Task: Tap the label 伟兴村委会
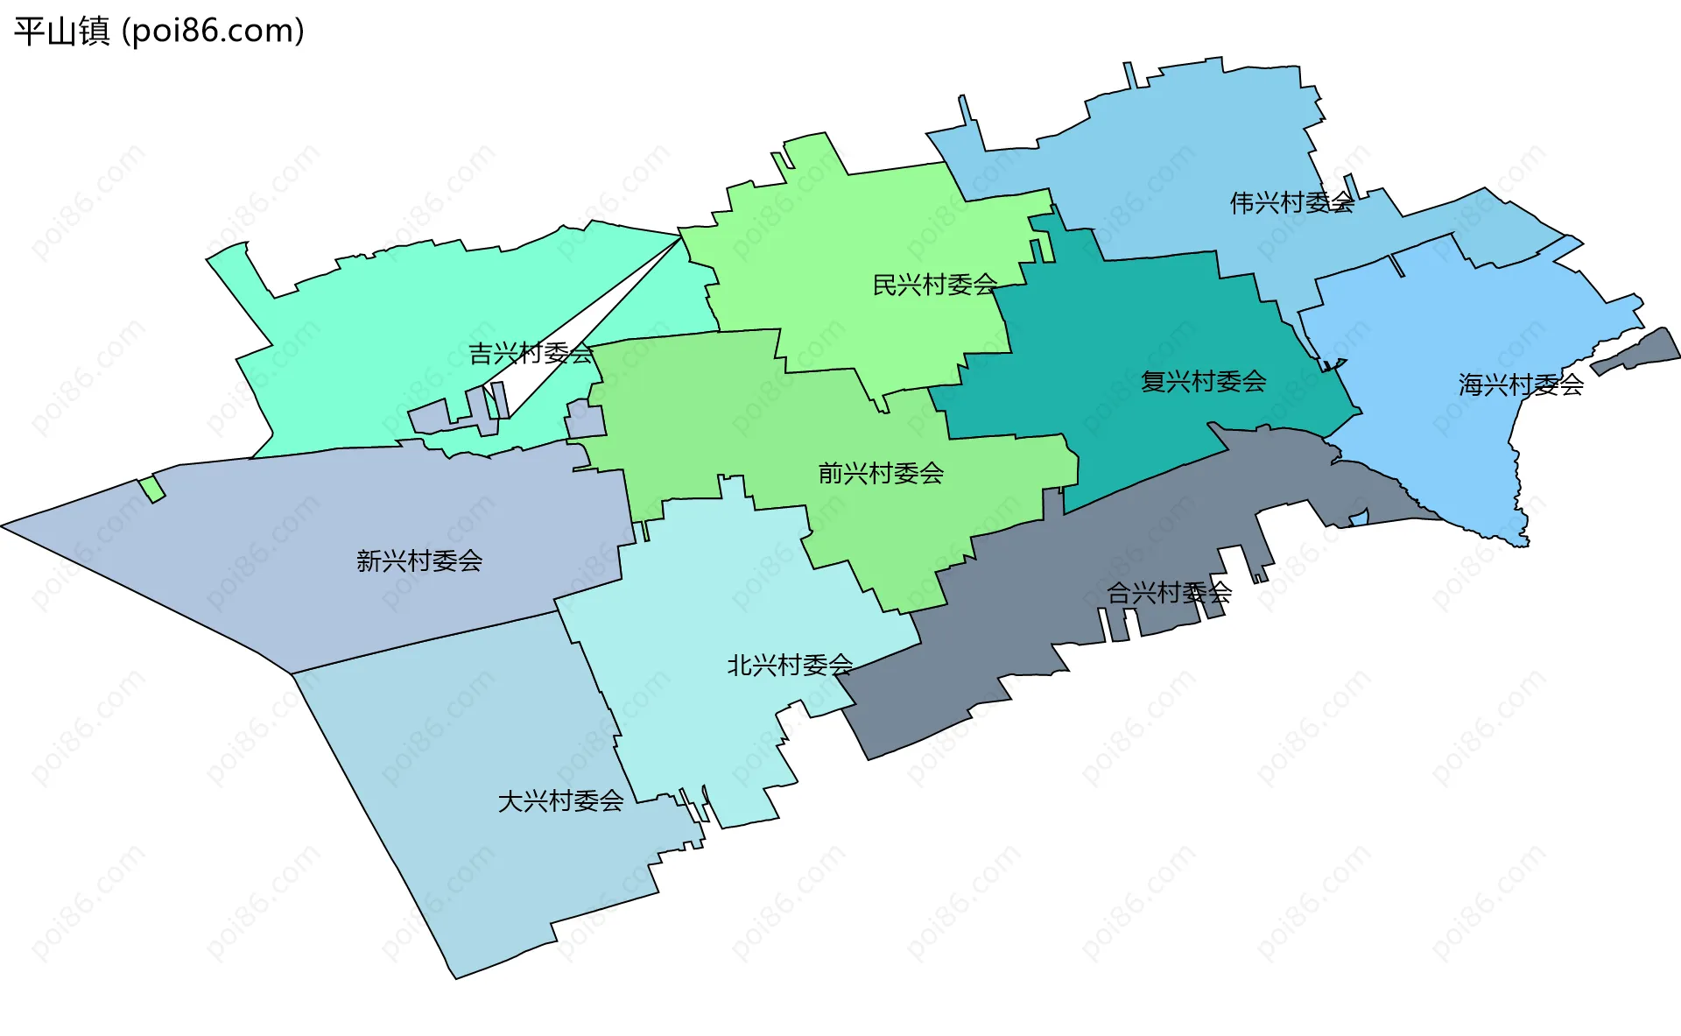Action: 1291,203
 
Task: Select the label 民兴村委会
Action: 935,285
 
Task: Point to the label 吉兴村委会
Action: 531,354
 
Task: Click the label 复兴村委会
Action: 1203,381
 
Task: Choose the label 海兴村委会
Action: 1521,384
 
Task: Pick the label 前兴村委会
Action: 881,474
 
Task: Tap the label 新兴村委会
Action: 419,560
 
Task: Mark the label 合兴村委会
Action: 1169,593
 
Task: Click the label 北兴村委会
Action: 790,666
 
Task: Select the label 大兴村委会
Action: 560,801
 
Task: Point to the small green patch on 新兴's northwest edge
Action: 152,489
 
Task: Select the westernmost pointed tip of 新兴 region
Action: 4,526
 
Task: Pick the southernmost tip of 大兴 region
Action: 455,976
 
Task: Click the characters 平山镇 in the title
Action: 61,32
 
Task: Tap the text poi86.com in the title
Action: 213,32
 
